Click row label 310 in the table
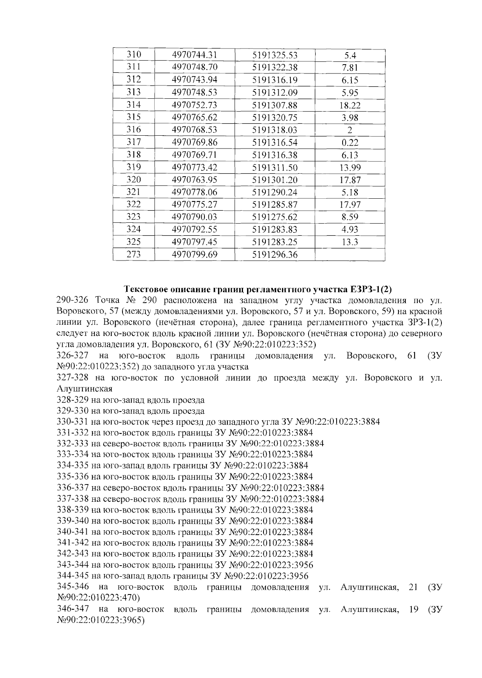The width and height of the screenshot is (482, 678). [134, 55]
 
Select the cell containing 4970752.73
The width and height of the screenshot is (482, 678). [194, 105]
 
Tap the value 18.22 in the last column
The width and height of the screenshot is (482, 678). [350, 106]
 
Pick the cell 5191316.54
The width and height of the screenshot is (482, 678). [275, 143]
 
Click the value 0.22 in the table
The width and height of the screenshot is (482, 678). [350, 143]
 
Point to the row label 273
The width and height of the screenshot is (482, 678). [134, 255]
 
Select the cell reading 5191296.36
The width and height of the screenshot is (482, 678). [275, 255]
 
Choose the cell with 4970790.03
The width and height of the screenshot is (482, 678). [194, 217]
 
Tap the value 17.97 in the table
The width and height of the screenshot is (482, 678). [350, 205]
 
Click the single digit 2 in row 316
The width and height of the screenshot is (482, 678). [350, 130]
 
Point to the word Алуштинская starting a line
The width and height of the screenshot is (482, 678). [84, 389]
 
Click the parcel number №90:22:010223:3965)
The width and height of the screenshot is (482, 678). [101, 620]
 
